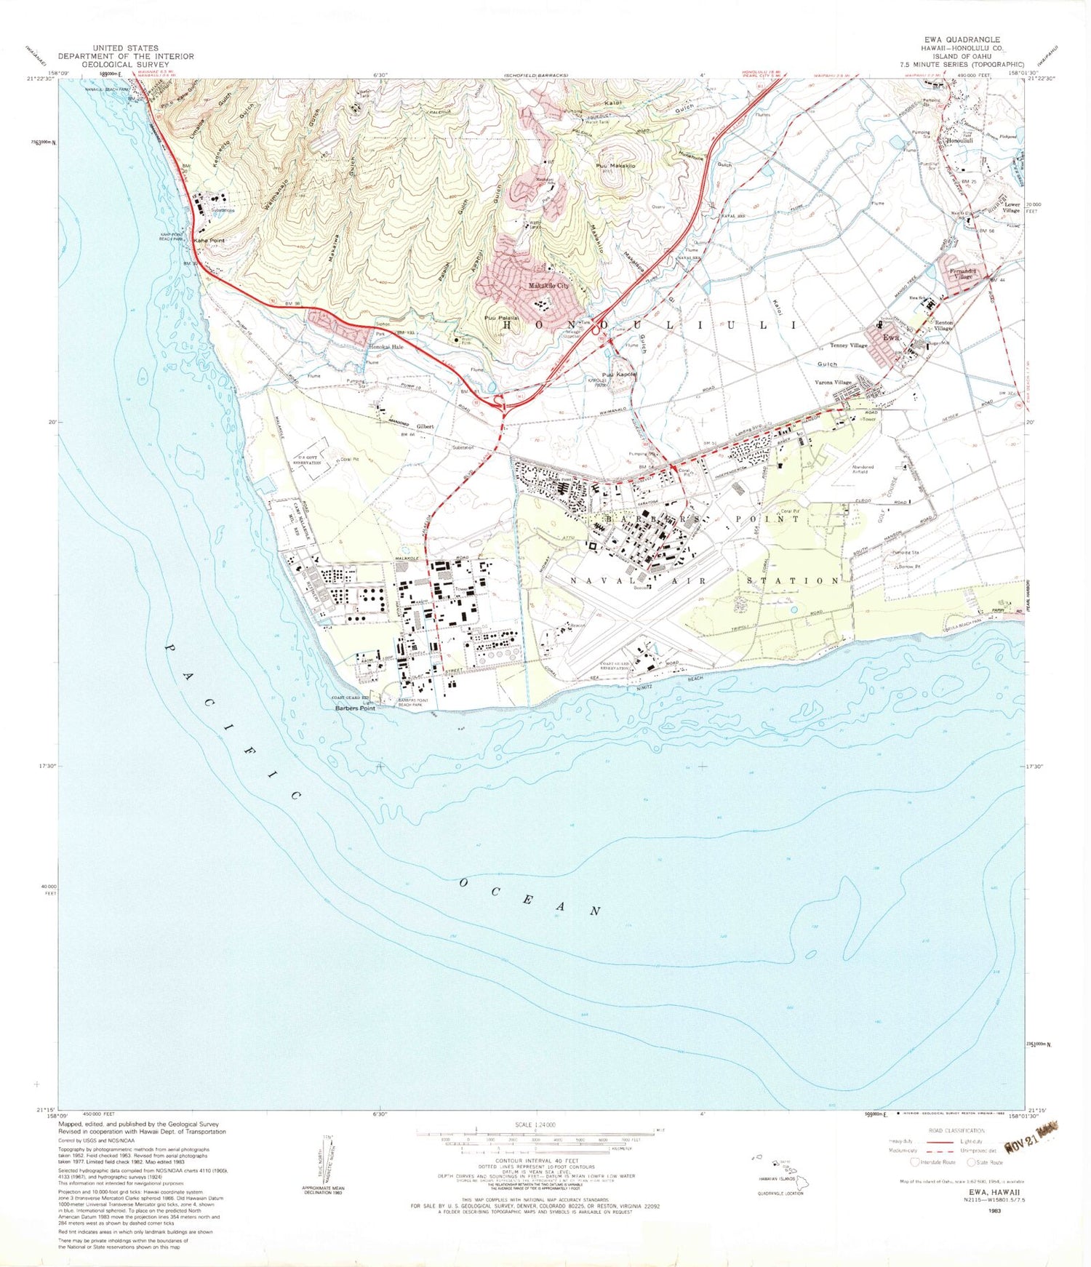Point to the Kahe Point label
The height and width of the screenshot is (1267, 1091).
tap(209, 240)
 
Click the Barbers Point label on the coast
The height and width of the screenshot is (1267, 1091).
tap(355, 708)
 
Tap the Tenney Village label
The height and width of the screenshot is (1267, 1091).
tap(848, 345)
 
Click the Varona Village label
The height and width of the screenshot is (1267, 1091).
tap(833, 383)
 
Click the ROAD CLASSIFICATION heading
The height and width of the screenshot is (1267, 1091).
tap(956, 1130)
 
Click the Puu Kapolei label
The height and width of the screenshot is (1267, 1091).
tap(620, 375)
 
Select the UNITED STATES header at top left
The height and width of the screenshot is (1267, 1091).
tap(125, 48)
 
